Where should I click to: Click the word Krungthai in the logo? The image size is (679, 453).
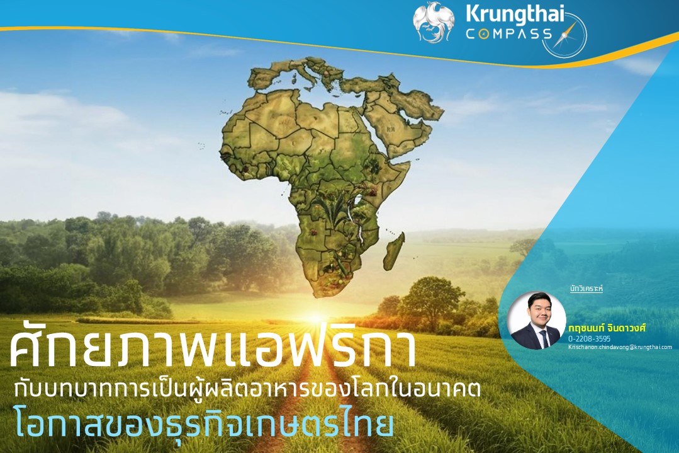pos(515,14)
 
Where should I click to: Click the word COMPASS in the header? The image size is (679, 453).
pos(509,34)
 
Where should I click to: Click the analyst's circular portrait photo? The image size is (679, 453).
pos(537,320)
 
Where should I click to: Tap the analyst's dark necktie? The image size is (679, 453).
pos(542,338)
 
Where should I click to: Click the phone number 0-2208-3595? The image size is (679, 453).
pos(590,338)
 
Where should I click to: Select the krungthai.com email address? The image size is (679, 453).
pos(620,347)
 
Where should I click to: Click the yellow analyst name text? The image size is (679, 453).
pos(607,328)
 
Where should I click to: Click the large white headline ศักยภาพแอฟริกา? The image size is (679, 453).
pos(211,350)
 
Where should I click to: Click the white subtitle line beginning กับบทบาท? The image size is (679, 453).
pos(247,388)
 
